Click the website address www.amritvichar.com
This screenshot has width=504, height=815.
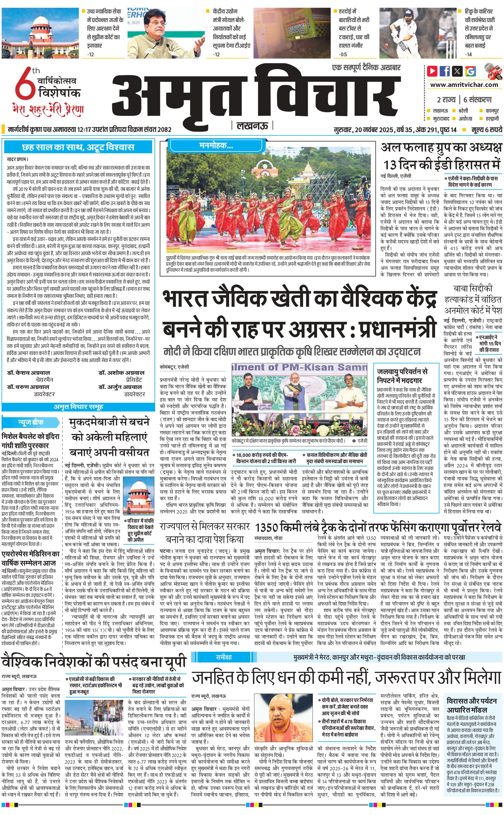(464, 85)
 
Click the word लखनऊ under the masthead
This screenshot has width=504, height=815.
(252, 125)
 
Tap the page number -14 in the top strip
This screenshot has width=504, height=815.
(469, 54)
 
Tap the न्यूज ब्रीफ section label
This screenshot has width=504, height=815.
(30, 422)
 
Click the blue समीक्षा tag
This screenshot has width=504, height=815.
(223, 657)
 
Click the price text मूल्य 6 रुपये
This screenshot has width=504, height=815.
(486, 130)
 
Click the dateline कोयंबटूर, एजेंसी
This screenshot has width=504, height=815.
(174, 367)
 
